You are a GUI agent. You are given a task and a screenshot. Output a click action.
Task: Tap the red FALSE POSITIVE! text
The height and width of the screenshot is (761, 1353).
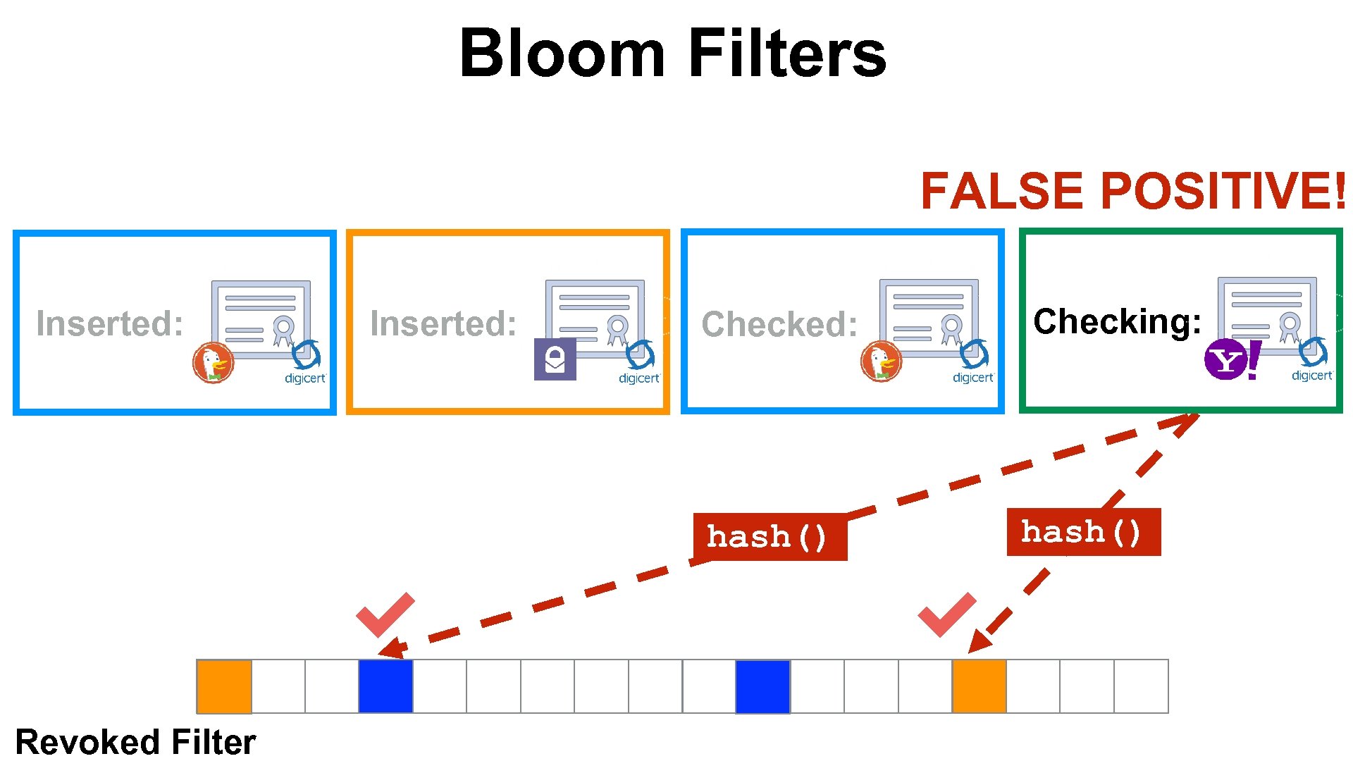coord(1133,191)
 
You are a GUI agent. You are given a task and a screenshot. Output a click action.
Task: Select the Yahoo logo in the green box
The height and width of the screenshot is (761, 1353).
coord(1232,360)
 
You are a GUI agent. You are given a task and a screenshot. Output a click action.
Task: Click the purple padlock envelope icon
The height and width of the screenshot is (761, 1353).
coord(555,359)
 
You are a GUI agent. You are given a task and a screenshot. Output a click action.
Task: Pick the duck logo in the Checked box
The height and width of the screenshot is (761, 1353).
coord(881,361)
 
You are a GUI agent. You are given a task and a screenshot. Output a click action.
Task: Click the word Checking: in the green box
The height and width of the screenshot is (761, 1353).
coord(1117,321)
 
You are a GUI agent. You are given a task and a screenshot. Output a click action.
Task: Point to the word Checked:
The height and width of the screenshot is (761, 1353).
coord(779,324)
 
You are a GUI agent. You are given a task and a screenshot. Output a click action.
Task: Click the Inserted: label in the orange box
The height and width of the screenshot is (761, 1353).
coord(444,323)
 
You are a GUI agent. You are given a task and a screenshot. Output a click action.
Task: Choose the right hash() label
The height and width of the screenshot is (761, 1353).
coord(1083,532)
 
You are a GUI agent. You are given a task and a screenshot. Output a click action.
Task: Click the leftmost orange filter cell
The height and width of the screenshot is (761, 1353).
coord(224,686)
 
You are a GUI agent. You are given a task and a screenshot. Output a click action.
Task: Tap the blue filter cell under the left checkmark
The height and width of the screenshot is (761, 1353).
coord(385,686)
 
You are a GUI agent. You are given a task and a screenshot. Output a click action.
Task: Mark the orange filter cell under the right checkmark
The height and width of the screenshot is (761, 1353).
coord(979,686)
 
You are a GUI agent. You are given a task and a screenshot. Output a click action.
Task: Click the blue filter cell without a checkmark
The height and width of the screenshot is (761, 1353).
coord(762,686)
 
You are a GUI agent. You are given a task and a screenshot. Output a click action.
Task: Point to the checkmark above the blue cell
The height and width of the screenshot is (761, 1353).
coord(384,614)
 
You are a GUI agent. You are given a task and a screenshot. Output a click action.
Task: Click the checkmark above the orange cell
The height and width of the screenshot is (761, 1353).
coord(946,614)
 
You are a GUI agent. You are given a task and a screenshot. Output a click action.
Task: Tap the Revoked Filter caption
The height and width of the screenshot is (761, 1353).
coord(135,742)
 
